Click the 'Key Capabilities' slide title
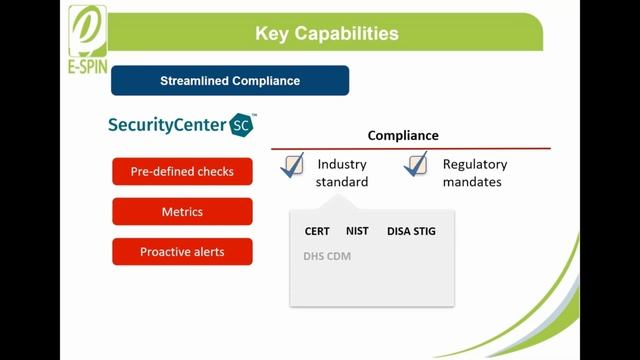[327, 34]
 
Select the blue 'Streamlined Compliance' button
[230, 81]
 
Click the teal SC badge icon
[242, 125]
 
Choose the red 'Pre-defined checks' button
[182, 171]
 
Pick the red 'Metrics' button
[182, 212]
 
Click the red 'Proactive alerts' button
[182, 252]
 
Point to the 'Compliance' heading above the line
[403, 135]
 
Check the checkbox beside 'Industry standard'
[293, 165]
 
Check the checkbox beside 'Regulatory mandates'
[417, 165]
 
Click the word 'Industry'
[342, 164]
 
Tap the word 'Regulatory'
[475, 164]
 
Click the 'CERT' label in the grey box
[317, 231]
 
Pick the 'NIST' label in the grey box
[357, 231]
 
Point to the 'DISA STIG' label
[411, 231]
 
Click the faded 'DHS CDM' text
[327, 256]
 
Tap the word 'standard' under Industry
[342, 182]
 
